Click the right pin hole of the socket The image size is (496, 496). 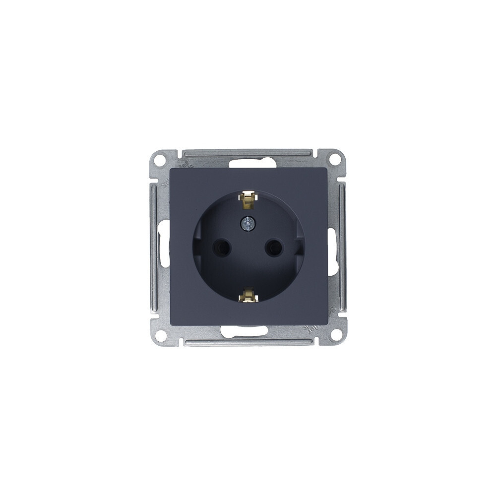[273, 248]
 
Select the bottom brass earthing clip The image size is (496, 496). [248, 297]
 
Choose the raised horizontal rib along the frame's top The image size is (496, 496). [248, 152]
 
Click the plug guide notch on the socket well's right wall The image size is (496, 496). [299, 248]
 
